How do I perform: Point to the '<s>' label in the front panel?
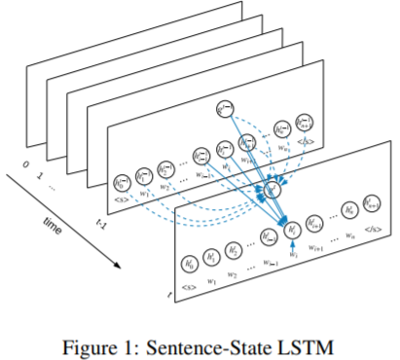click(x=189, y=287)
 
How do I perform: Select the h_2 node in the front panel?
click(x=234, y=249)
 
